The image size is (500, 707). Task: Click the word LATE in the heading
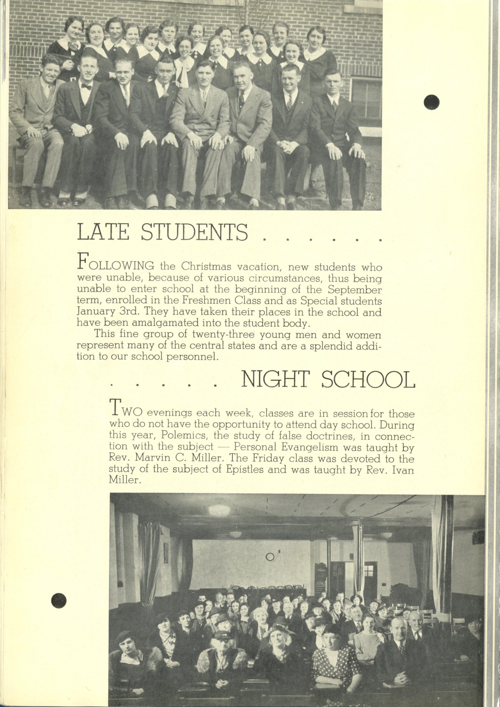pos(103,233)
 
